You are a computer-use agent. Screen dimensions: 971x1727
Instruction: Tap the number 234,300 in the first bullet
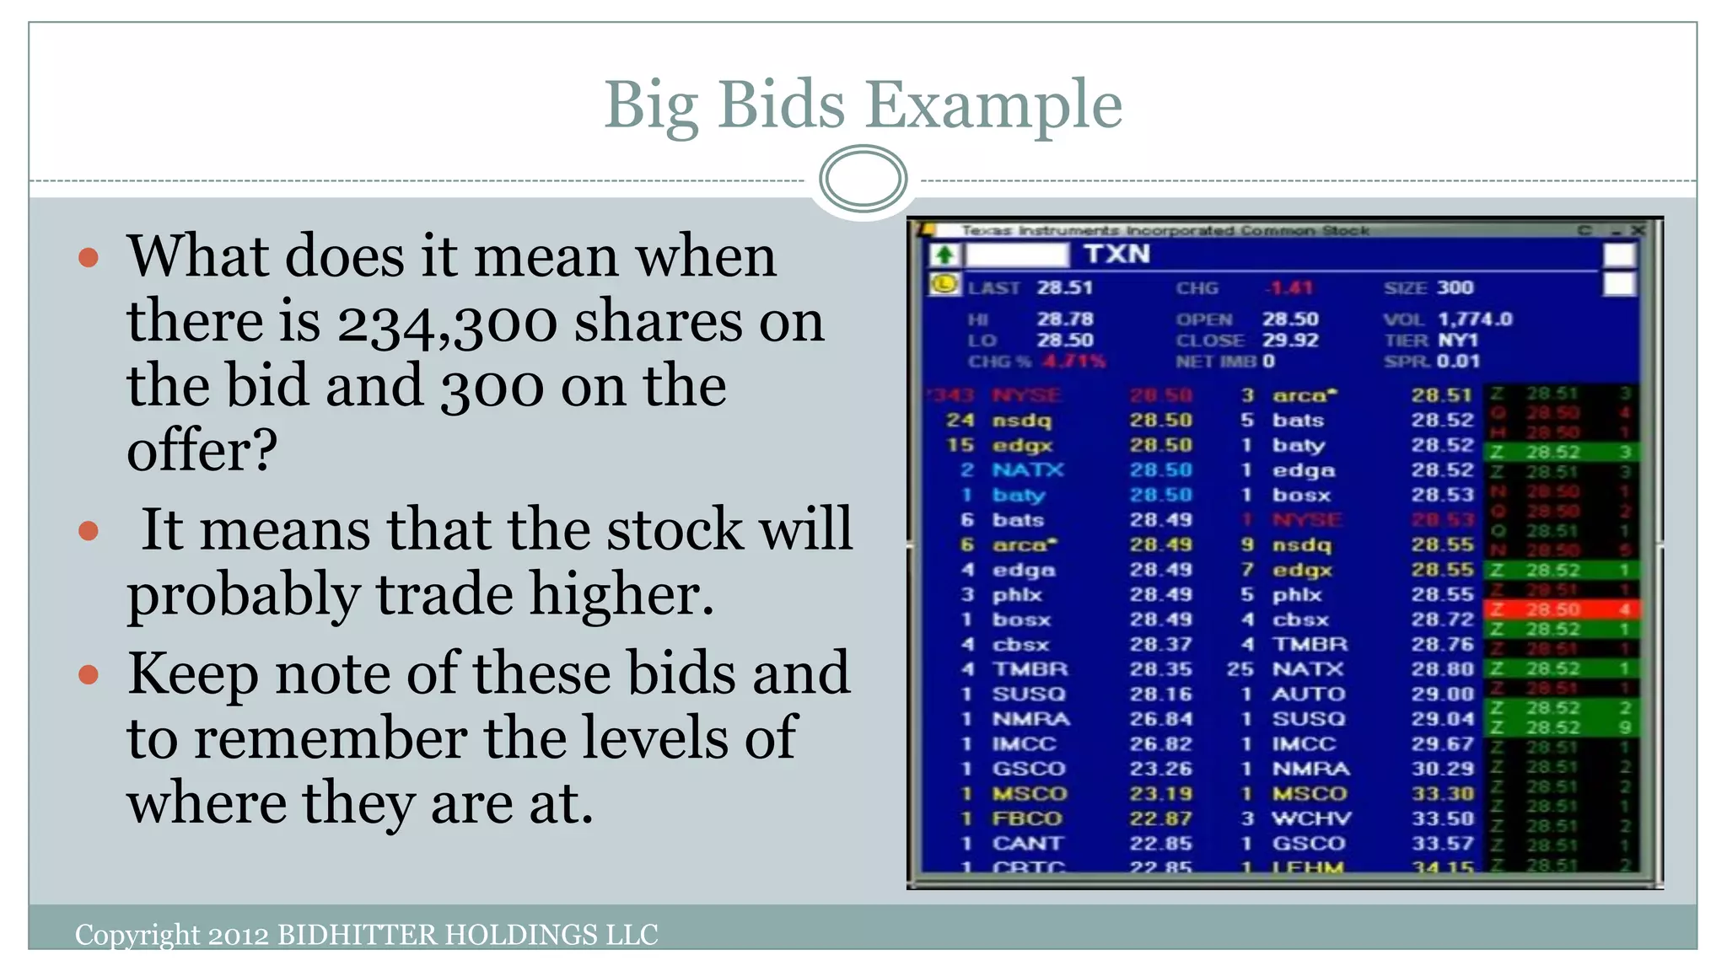(x=445, y=322)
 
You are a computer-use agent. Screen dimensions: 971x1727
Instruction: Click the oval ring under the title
(x=863, y=179)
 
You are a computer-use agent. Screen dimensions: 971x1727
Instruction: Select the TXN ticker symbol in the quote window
(x=1116, y=254)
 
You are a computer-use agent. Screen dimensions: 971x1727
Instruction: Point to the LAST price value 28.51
(x=1064, y=287)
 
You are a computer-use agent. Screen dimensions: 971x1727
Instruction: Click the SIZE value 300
(x=1455, y=287)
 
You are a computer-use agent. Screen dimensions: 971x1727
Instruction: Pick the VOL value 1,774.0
(x=1475, y=319)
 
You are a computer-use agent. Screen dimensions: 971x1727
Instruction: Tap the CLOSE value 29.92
(x=1289, y=340)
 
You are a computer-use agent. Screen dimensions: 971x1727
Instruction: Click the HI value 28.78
(x=1064, y=319)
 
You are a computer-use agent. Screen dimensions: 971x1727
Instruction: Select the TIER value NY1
(x=1458, y=340)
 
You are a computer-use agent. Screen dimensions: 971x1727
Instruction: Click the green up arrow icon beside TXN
(x=944, y=255)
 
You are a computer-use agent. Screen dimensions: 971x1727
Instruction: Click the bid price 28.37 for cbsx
(x=1160, y=645)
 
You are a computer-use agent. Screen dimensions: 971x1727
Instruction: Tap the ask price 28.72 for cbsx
(x=1442, y=620)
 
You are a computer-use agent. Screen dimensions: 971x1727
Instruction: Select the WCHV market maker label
(x=1310, y=818)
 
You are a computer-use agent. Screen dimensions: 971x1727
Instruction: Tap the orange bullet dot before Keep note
(x=89, y=674)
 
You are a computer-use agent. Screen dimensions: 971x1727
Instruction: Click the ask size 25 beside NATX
(x=1240, y=669)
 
